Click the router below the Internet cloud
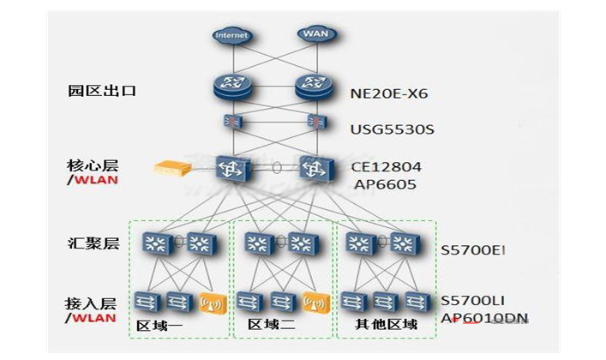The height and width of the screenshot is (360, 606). coord(231,86)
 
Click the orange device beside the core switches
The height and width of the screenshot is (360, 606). coord(172,168)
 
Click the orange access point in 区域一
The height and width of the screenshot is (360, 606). coord(213,302)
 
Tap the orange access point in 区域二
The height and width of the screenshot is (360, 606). coord(315,302)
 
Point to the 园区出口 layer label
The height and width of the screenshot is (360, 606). coord(91,90)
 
